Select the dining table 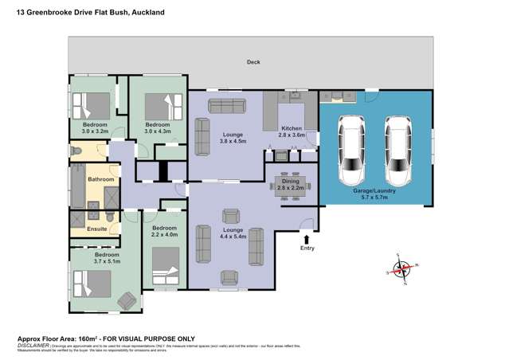pyautogui.click(x=291, y=182)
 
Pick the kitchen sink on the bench pyautogui.click(x=296, y=97)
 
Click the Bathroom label pyautogui.click(x=101, y=180)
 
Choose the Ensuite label pyautogui.click(x=85, y=229)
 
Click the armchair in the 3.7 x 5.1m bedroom pyautogui.click(x=126, y=300)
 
